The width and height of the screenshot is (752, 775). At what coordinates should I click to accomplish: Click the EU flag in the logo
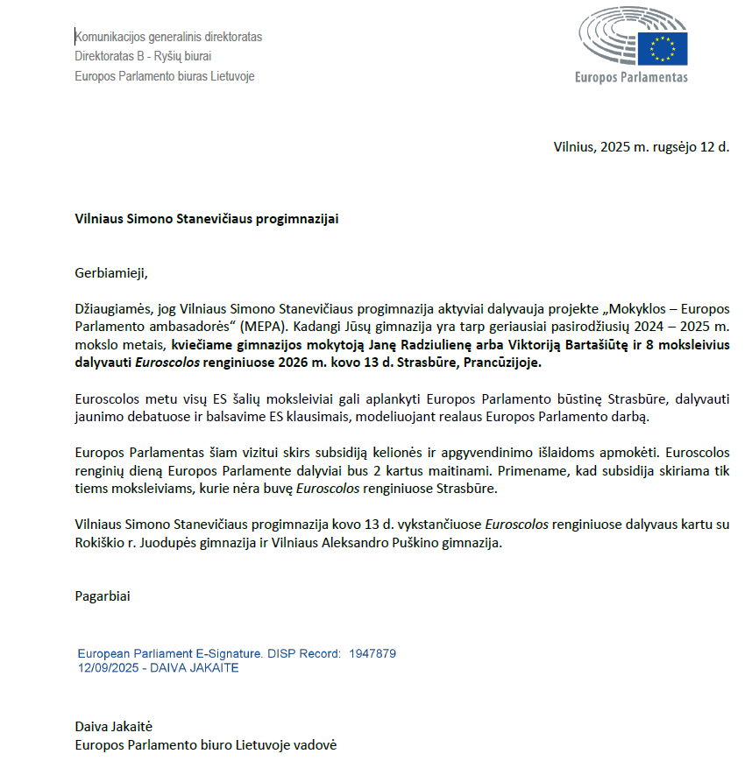pos(662,48)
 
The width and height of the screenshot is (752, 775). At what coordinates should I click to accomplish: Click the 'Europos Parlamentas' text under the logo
pos(631,77)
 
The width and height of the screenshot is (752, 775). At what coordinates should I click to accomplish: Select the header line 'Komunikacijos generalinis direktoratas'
pos(168,37)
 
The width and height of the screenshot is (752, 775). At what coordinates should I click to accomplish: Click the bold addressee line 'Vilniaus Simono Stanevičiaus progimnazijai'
pos(206,219)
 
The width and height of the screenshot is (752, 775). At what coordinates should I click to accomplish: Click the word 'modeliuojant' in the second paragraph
pos(450,417)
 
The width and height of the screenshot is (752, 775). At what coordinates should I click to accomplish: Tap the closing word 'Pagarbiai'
pos(102,597)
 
